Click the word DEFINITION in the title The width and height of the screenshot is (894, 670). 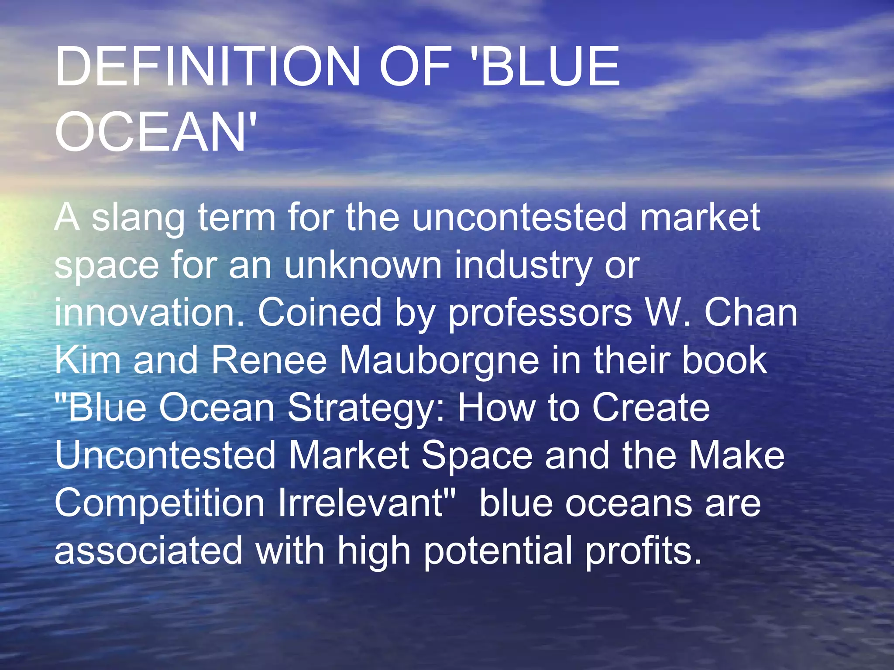click(x=207, y=68)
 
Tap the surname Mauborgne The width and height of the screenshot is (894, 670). click(x=439, y=362)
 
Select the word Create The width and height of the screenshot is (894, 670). click(x=650, y=407)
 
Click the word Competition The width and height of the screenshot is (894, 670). click(x=160, y=504)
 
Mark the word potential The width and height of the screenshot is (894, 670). click(x=498, y=552)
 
